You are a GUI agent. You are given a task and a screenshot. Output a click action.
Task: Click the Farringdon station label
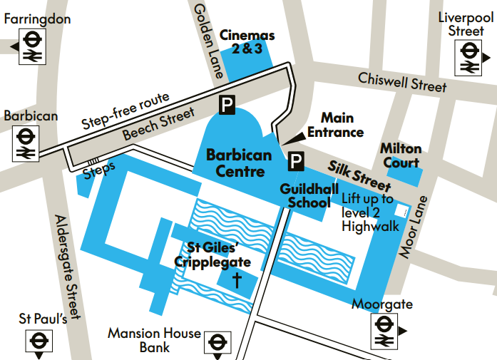(x=38, y=19)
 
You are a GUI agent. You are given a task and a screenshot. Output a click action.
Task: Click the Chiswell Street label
(x=402, y=82)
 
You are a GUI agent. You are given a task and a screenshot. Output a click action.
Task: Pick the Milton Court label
(x=401, y=155)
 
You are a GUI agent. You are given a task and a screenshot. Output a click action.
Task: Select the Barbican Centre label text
(x=239, y=163)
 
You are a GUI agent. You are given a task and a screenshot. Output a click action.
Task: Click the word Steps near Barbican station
(x=99, y=171)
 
